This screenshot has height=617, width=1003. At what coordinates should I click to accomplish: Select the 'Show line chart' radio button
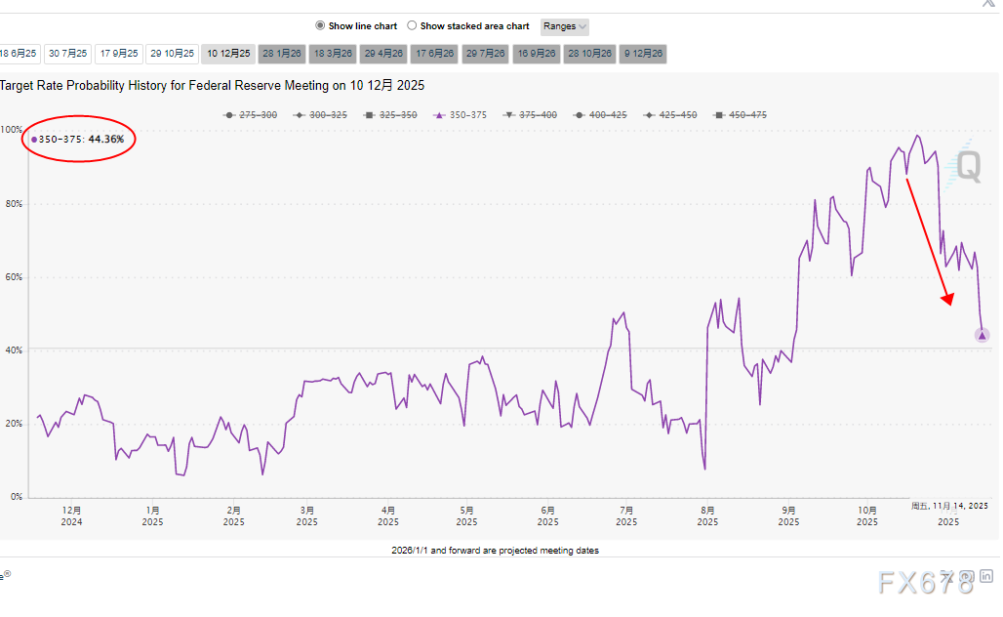click(x=320, y=26)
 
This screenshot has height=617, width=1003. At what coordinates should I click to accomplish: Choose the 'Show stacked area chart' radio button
click(x=412, y=26)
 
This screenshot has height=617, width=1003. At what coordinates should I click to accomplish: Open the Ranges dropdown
click(x=564, y=26)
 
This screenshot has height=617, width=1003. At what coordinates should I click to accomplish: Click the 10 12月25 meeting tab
click(x=227, y=54)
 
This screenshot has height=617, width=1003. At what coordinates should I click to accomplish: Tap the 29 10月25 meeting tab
click(x=174, y=54)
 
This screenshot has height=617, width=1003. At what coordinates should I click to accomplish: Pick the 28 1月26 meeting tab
click(x=281, y=54)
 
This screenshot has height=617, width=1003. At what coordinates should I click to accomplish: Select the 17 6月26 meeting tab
click(x=434, y=54)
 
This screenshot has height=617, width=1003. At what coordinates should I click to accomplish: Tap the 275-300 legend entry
click(x=252, y=115)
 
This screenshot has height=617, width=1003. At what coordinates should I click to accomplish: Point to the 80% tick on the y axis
click(x=12, y=204)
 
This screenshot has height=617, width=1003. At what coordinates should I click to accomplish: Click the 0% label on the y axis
click(x=16, y=497)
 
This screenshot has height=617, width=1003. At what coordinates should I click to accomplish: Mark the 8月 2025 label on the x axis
click(x=707, y=515)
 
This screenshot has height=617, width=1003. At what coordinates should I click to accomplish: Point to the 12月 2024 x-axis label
click(x=71, y=515)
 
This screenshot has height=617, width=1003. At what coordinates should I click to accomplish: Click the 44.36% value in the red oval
click(x=106, y=140)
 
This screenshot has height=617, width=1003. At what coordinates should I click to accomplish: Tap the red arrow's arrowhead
click(x=945, y=301)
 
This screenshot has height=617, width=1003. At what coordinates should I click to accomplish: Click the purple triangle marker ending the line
click(x=982, y=336)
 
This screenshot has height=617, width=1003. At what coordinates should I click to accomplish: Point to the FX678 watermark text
click(x=927, y=583)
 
